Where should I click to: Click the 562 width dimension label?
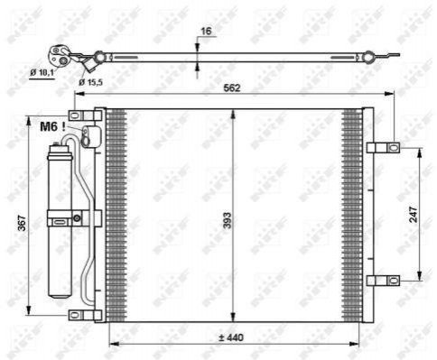[x=232, y=88]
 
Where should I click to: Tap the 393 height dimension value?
[x=228, y=220]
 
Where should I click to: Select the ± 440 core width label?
[x=231, y=337]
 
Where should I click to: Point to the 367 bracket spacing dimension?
[x=22, y=223]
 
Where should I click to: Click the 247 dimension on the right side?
[x=414, y=214]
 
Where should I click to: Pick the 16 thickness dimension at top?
[x=206, y=31]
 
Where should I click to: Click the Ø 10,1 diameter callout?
[x=42, y=72]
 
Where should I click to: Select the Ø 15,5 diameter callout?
[x=90, y=82]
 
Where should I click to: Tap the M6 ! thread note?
[x=52, y=126]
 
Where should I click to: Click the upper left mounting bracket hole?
[x=75, y=115]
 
